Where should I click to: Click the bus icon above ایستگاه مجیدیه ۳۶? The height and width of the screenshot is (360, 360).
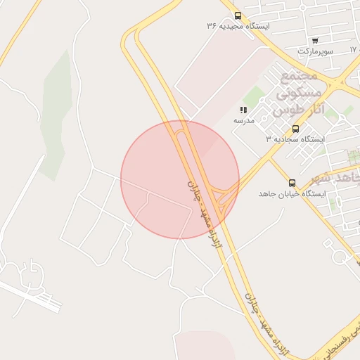238,15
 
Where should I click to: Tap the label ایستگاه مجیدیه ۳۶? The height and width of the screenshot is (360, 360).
238,26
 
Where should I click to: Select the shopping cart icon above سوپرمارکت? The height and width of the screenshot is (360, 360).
314,40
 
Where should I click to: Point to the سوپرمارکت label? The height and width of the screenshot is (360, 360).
314,51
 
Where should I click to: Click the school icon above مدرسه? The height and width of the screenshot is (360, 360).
243,110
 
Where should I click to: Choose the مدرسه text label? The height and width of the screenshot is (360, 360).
243,120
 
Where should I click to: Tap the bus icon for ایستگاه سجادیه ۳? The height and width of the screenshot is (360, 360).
295,129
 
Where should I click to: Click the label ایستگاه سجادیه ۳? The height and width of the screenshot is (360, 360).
295,139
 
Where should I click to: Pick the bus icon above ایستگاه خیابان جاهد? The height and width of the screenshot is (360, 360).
292,183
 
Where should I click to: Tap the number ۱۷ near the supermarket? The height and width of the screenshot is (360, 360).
354,51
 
